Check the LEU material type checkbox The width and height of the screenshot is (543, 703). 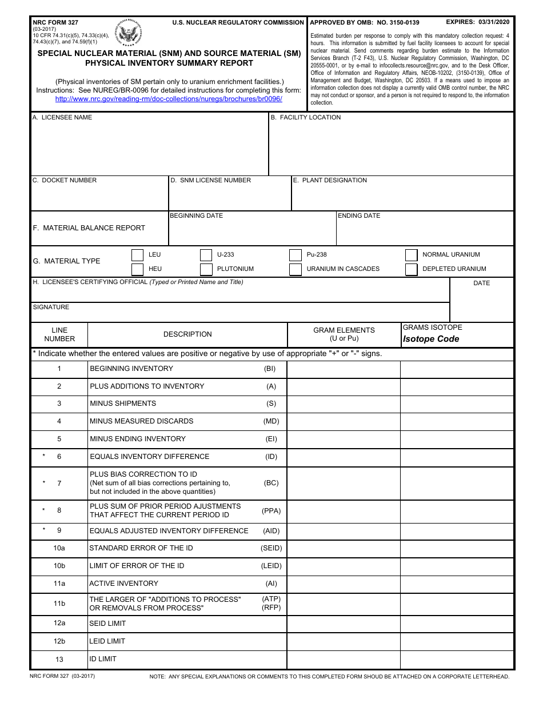[137, 255]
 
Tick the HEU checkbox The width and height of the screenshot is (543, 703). [137, 269]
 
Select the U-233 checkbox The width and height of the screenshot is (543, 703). [206, 255]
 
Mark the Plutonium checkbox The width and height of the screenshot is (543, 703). [206, 269]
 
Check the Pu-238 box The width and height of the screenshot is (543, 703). [295, 255]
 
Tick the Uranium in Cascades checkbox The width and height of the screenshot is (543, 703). [295, 269]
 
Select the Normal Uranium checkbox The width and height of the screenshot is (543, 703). [411, 255]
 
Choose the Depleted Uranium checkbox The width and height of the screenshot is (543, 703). [411, 269]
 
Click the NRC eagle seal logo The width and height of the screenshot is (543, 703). [130, 35]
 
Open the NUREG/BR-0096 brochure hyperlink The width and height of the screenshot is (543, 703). [169, 99]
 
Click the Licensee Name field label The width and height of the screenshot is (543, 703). [62, 118]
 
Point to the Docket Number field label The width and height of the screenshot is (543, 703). [65, 181]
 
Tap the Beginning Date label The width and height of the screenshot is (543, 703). [196, 216]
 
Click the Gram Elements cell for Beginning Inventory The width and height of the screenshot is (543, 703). [343, 369]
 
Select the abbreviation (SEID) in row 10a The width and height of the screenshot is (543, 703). [271, 548]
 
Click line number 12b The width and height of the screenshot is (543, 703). [59, 641]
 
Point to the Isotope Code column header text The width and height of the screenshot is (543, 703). [430, 339]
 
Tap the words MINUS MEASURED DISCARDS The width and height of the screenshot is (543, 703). [141, 421]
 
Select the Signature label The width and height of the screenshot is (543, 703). [51, 307]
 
